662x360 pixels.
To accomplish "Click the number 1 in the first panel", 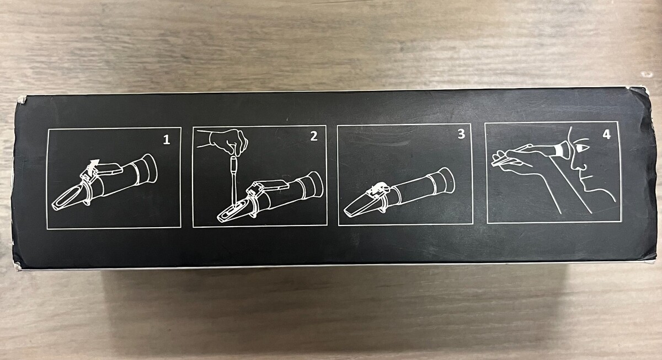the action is (x=167, y=139).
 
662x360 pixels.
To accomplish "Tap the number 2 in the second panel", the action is (x=313, y=136).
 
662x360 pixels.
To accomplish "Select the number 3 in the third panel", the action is (x=461, y=134).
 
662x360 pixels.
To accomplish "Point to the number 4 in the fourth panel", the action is (x=606, y=135).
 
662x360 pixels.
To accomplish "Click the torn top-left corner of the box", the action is (x=22, y=100).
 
